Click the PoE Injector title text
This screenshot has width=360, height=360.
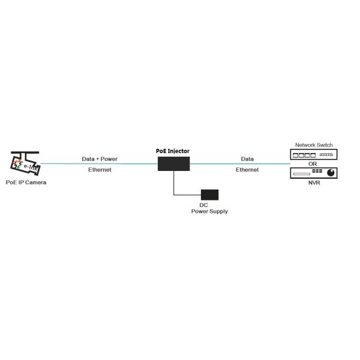[173, 151]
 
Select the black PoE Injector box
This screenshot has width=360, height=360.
[174, 164]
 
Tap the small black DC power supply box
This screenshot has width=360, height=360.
[209, 194]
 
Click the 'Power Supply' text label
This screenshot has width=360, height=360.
[209, 211]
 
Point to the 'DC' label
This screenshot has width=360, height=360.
[203, 205]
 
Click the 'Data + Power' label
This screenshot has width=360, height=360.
[100, 159]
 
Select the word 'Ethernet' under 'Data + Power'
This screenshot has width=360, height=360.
[100, 170]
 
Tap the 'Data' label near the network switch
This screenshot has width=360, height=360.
[247, 159]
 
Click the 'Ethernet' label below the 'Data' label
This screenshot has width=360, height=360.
[247, 170]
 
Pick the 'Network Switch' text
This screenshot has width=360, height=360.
[314, 145]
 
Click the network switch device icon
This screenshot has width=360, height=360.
[314, 155]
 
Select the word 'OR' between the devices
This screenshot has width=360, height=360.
[313, 164]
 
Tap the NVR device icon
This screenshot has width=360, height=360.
[314, 173]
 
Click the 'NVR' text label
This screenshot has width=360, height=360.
[314, 183]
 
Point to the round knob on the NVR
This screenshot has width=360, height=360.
[331, 173]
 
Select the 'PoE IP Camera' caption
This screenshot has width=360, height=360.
[26, 182]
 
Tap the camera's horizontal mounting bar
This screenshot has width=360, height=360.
[25, 152]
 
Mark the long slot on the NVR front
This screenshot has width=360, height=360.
[302, 174]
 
